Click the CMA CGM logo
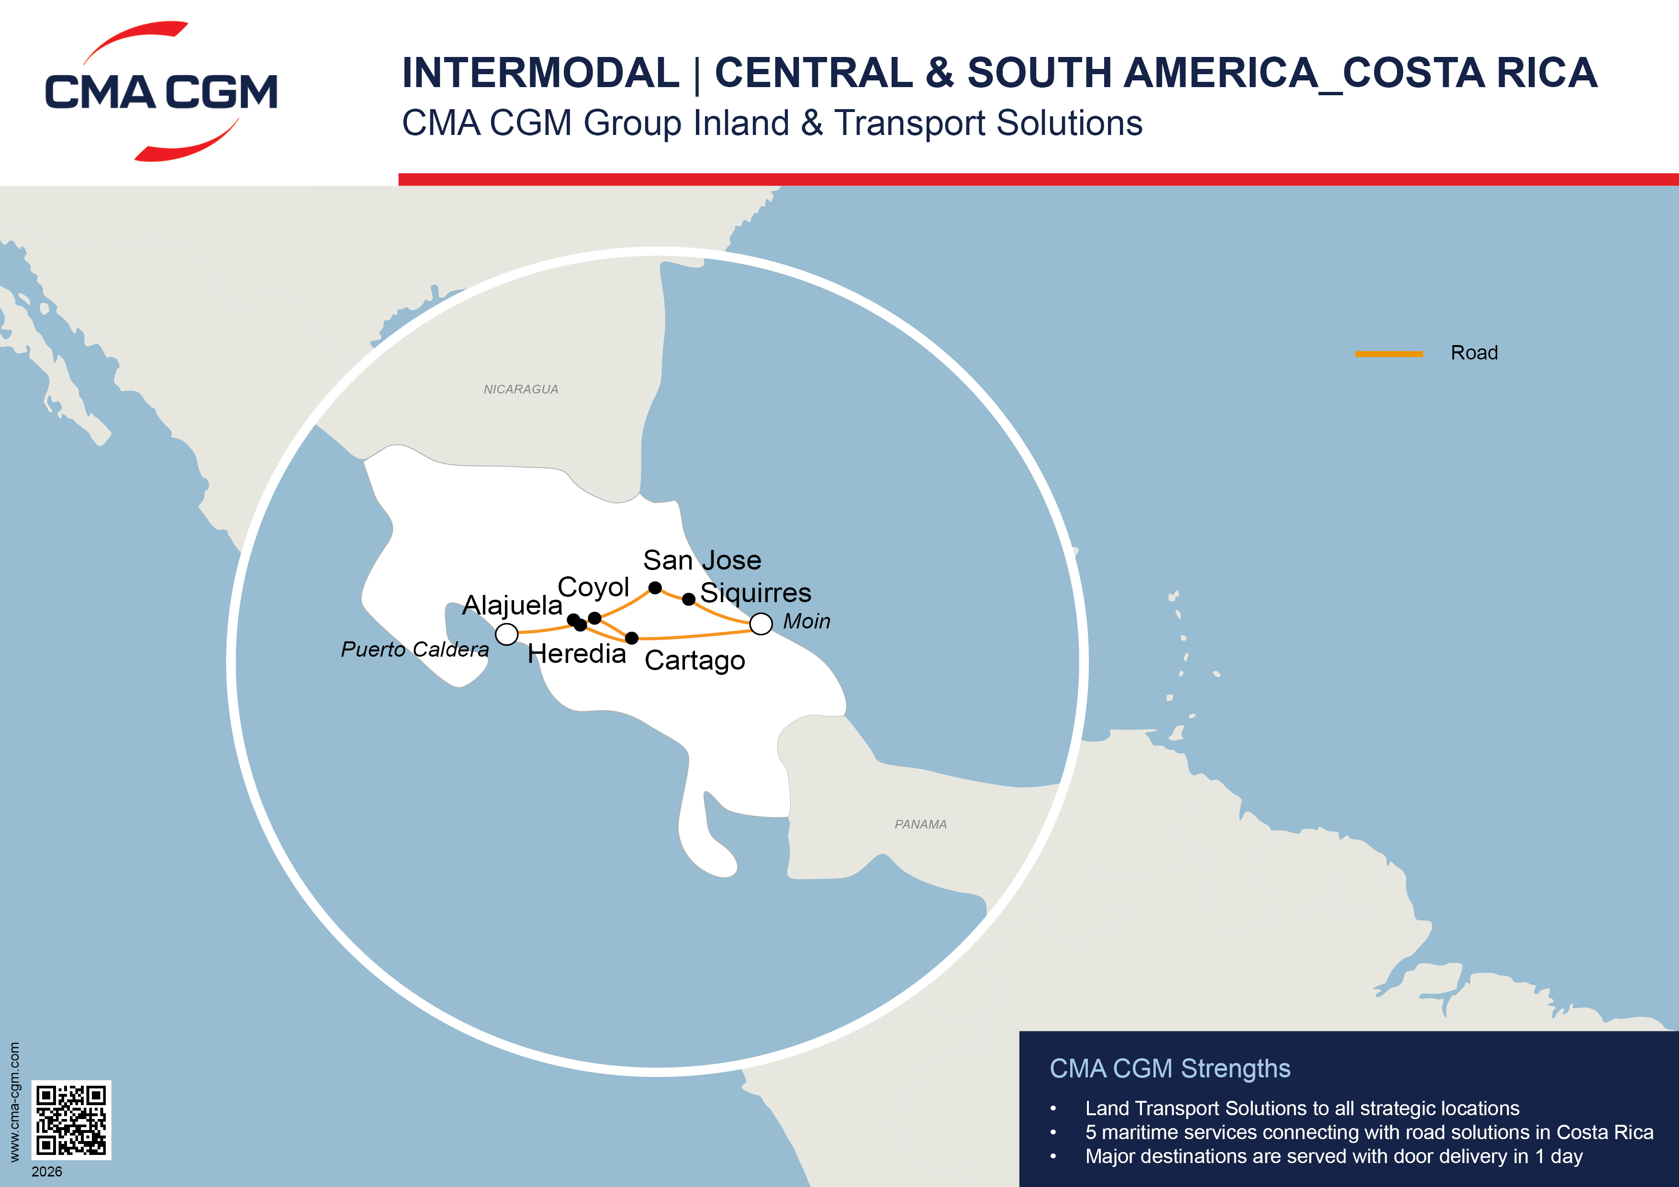coord(161,91)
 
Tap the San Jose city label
coord(702,560)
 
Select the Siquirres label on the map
coord(755,593)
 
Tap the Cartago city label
coord(694,661)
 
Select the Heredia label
coord(577,654)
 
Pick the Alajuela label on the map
coord(512,605)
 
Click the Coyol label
coord(593,587)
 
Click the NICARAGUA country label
coord(521,390)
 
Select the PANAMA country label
coord(921,824)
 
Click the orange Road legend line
coord(1388,354)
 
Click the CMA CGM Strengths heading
coord(1170,1068)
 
